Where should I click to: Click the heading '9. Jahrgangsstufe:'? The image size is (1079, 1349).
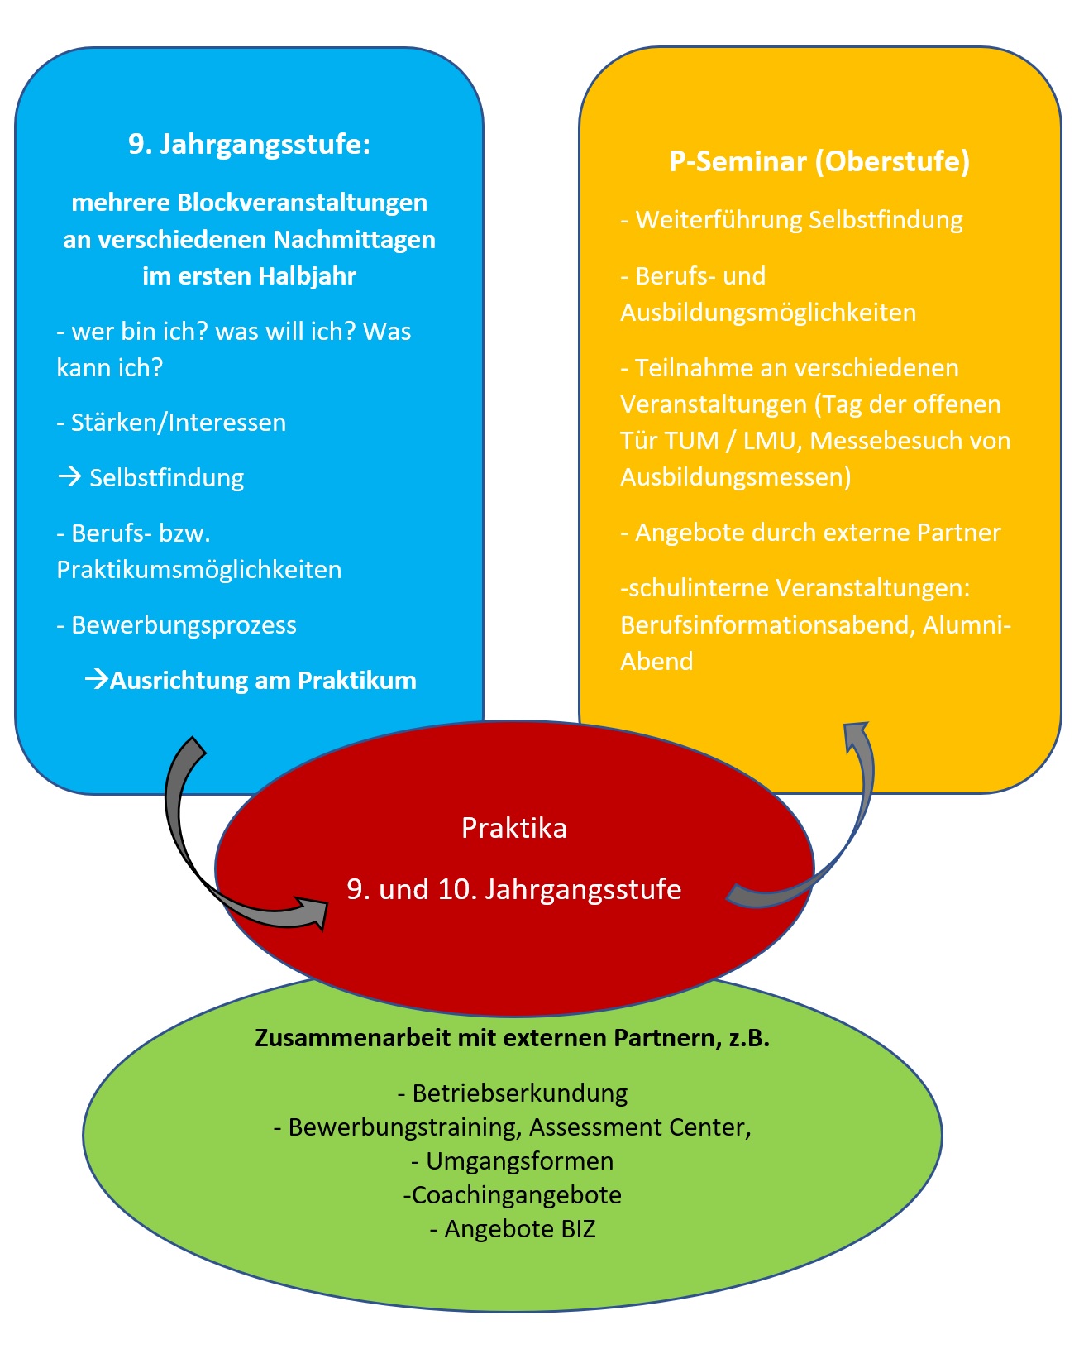[x=249, y=145]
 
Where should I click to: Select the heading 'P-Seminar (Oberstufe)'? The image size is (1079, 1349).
[x=819, y=162]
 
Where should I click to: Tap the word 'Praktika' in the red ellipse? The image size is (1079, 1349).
[x=513, y=828]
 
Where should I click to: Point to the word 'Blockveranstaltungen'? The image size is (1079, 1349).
[x=302, y=203]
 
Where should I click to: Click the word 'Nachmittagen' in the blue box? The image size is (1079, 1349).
[x=354, y=240]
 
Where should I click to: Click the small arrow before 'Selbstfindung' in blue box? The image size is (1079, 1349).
[x=69, y=477]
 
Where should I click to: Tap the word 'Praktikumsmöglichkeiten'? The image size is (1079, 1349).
[x=199, y=570]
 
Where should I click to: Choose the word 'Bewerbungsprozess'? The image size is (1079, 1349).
[x=184, y=625]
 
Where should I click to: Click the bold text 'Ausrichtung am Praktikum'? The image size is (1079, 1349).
[x=263, y=680]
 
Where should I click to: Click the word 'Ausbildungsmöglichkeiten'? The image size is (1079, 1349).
[x=768, y=312]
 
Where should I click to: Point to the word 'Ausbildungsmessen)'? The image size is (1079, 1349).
[x=736, y=477]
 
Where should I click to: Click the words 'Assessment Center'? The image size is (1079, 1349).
[x=639, y=1127]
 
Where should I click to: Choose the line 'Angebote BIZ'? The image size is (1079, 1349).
[x=513, y=1228]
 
